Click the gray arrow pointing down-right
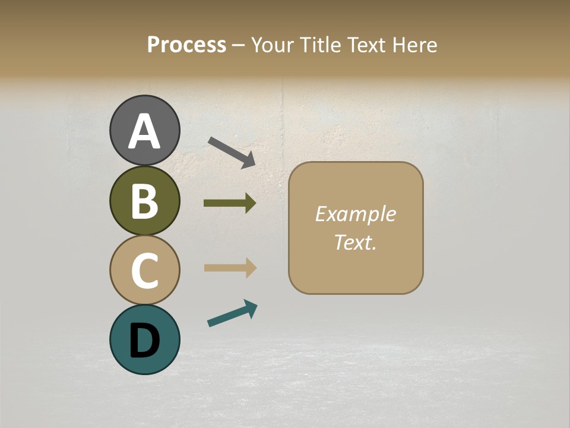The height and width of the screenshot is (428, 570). (232, 152)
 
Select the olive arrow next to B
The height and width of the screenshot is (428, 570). (230, 203)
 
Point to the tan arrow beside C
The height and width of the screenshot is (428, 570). (230, 268)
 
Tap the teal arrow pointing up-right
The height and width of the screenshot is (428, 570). (232, 313)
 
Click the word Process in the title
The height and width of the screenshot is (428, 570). (186, 45)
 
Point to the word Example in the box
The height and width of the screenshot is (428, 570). (355, 214)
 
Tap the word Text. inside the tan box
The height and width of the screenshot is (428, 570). (355, 242)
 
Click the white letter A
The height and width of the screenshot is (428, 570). (144, 131)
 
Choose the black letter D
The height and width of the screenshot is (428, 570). (144, 340)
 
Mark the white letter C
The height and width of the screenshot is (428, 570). (144, 270)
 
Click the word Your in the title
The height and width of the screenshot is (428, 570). (272, 45)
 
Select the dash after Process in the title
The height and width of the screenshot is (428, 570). (238, 45)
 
